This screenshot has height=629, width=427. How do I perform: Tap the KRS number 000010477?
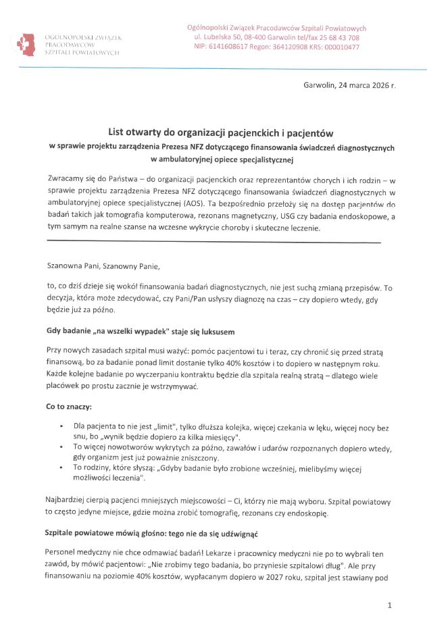[x=342, y=47]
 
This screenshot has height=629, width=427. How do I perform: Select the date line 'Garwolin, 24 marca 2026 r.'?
[x=349, y=85]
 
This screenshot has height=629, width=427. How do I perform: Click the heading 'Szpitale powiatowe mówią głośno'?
[x=152, y=533]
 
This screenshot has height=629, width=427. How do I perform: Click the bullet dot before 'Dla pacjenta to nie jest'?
[x=62, y=426]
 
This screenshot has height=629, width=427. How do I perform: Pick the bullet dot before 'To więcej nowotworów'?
[x=62, y=447]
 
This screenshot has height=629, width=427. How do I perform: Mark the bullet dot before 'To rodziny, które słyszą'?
[x=62, y=467]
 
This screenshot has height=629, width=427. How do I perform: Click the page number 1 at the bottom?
[x=390, y=606]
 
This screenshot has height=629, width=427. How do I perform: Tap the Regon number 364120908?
[x=284, y=47]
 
